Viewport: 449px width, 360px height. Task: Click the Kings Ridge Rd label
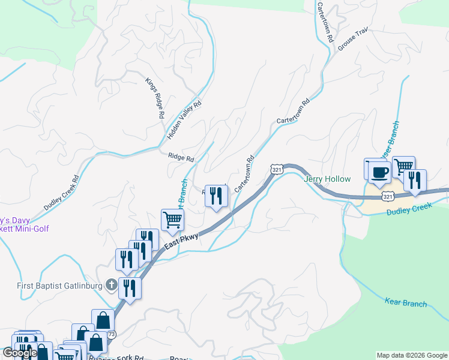point(155,98)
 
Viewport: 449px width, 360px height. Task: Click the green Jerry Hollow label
point(327,179)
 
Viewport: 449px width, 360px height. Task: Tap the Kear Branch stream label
point(406,304)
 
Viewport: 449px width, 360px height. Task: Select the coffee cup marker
point(379,172)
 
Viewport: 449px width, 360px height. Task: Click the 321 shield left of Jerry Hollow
point(276,170)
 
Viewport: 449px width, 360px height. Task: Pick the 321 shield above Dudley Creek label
point(388,196)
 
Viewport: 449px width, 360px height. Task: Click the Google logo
point(20,353)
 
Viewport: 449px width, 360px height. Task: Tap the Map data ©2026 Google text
point(412,355)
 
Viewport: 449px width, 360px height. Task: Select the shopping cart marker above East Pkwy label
point(172,220)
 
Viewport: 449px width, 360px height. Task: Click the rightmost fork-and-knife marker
point(415,181)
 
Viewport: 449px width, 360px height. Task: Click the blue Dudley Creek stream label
point(409,211)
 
